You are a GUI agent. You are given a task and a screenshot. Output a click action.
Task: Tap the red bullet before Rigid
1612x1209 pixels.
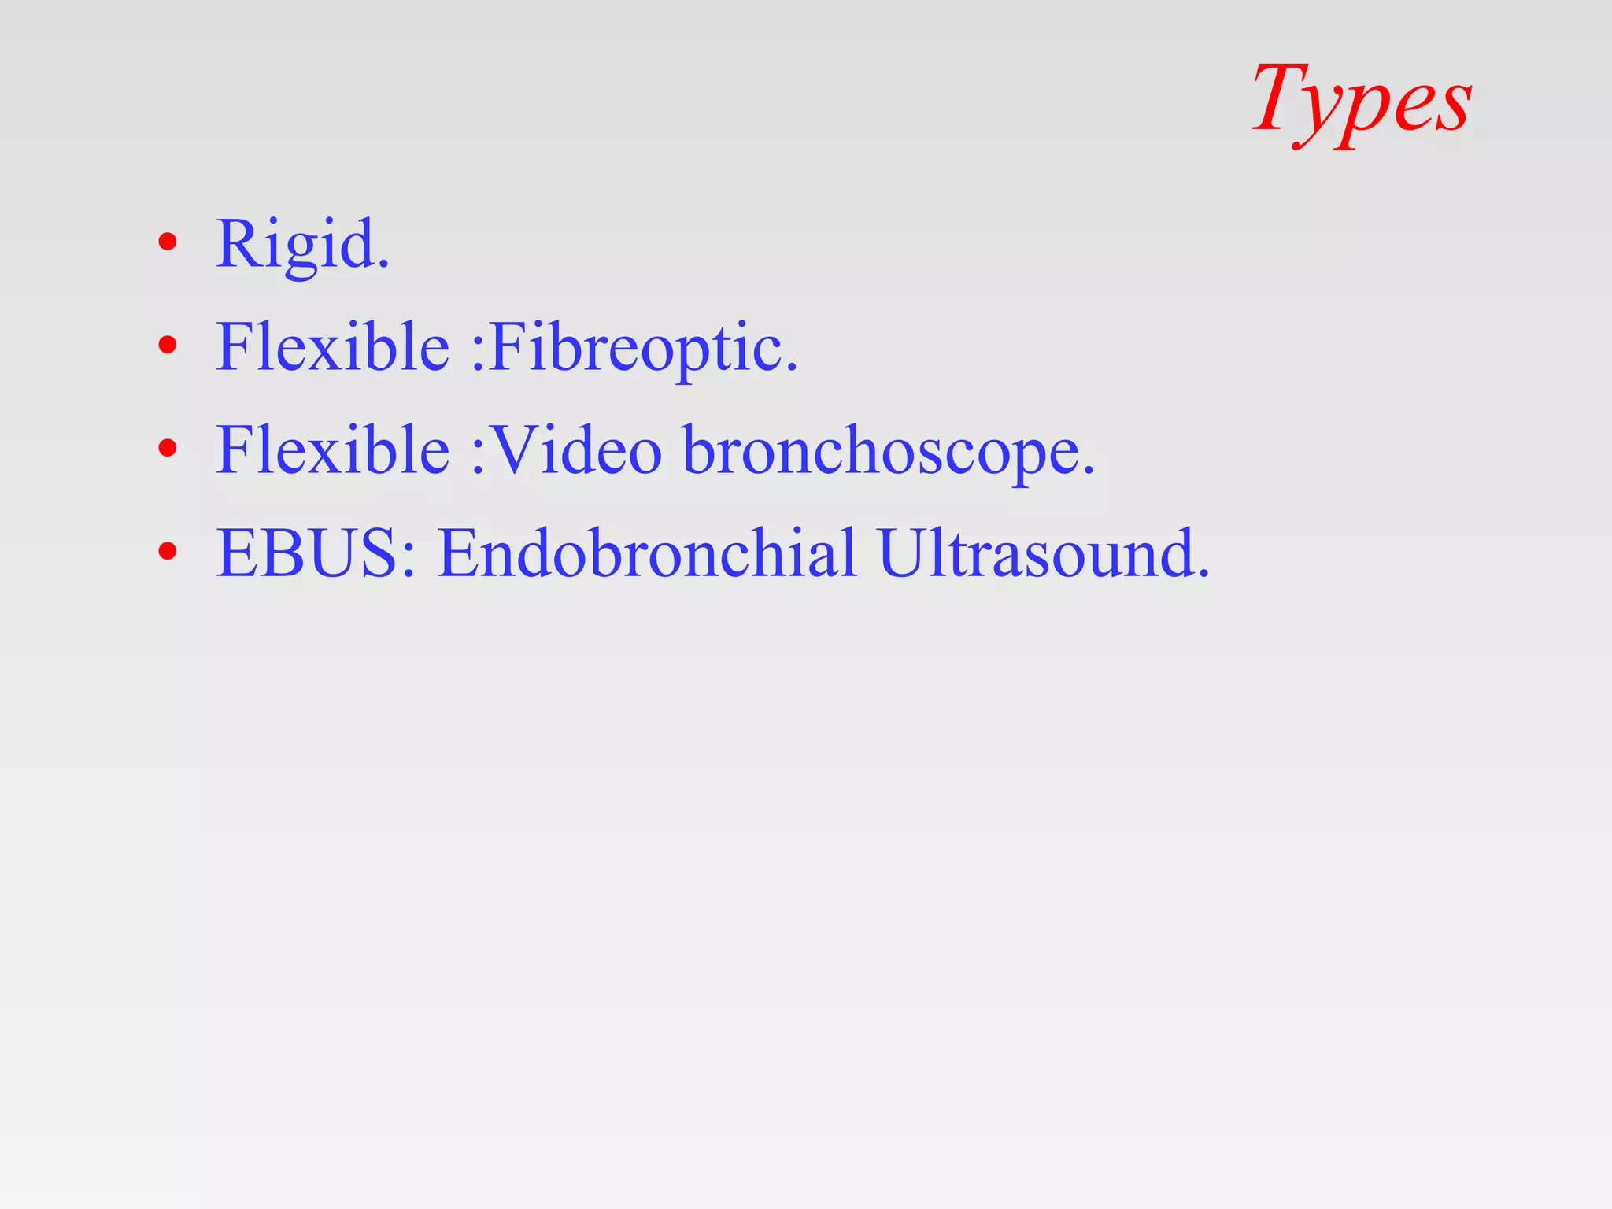pos(167,242)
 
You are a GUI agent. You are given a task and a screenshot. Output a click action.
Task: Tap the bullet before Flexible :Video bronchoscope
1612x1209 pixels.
pos(167,448)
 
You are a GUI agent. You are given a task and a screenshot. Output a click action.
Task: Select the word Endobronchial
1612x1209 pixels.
pos(646,553)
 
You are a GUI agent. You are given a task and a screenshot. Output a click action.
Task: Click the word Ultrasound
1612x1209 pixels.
pos(1035,553)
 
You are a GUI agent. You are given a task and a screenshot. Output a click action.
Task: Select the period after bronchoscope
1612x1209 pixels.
pos(1089,470)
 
